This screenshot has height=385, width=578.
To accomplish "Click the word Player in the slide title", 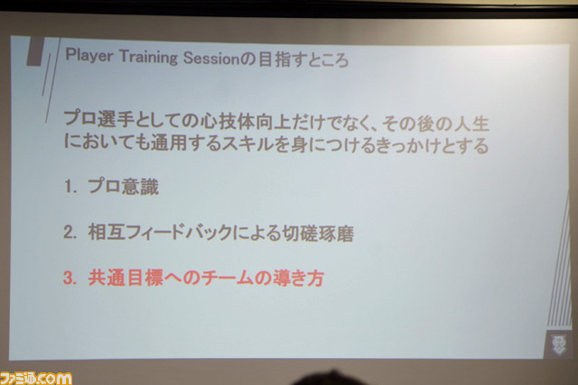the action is pos(89,56).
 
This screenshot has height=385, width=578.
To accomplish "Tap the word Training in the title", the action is pos(148,57).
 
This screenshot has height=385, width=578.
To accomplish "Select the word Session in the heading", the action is pos(211,58).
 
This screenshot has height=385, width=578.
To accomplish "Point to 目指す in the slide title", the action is pos(281,60).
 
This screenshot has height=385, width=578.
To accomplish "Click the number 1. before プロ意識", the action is pos(70,187).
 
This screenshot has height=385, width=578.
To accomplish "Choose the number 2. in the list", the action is pos(70,233).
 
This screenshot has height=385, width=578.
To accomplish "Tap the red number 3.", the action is pos(70,279).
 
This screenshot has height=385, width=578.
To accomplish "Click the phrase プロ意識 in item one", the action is pos(124,187).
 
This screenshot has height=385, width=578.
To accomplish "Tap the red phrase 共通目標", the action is pos(126,278).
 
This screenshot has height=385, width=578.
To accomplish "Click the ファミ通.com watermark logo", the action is pos(36,378).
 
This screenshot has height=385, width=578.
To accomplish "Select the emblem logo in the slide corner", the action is pos(559,344).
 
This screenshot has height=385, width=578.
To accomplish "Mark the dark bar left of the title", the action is pos(35,51).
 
